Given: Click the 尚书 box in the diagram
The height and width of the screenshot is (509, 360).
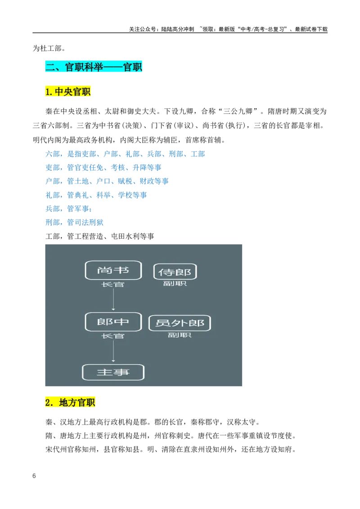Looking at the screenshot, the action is [x=113, y=270].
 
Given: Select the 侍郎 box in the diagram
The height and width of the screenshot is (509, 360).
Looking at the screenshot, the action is [x=175, y=272].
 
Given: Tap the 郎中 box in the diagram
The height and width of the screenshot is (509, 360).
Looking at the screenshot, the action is [x=113, y=321].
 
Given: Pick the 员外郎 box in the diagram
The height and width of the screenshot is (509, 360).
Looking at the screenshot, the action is [x=180, y=323].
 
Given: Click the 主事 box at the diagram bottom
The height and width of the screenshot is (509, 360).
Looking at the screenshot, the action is [x=113, y=372].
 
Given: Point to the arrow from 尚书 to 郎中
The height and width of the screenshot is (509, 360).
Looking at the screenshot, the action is [x=113, y=299].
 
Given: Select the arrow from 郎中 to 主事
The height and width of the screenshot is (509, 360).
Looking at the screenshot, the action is [x=113, y=351].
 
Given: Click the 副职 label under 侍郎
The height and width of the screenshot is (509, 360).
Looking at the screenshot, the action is [x=175, y=284].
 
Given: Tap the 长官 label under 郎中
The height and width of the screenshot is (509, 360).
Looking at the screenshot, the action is [x=113, y=336].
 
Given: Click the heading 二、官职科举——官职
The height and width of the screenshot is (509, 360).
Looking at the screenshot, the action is [x=94, y=67].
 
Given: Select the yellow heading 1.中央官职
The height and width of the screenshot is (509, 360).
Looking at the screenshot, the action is [x=67, y=92].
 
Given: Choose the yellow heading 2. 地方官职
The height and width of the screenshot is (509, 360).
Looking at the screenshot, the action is [x=70, y=402].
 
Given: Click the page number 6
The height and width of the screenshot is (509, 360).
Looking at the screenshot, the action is [x=34, y=476].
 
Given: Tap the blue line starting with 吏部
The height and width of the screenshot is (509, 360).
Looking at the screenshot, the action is [x=103, y=168].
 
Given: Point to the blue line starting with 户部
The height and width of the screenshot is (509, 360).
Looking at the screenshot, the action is [x=107, y=181].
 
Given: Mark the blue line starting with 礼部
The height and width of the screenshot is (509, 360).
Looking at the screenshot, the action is [x=96, y=195].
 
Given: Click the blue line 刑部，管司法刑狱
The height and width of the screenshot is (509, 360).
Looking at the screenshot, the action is [x=74, y=223].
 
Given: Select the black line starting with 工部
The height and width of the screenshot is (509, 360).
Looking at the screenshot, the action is [x=100, y=237].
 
